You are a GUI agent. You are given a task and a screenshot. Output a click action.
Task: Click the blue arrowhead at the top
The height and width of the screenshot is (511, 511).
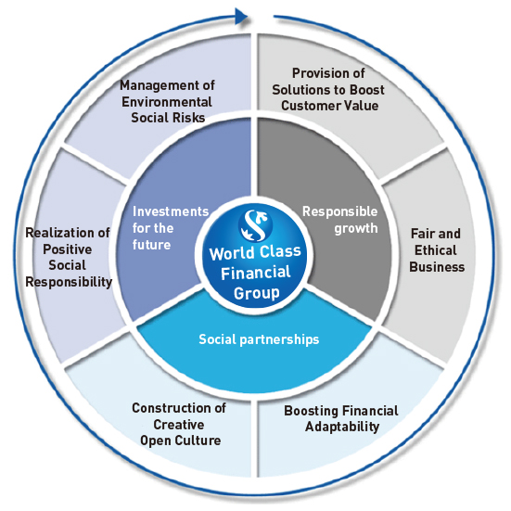point(242,17)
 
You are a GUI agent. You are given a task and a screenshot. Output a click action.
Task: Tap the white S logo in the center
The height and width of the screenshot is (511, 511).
point(256,224)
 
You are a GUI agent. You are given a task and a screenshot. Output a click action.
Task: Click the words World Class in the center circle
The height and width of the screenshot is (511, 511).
point(255,252)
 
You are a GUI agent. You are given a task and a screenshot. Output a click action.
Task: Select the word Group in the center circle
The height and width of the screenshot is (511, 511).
point(257,293)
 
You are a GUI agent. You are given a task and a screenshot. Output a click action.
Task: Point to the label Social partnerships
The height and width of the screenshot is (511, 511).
point(259,339)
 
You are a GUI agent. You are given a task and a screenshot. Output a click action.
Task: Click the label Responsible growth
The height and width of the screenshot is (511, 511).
point(340,220)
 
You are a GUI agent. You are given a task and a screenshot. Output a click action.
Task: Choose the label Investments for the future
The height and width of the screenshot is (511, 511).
point(171,228)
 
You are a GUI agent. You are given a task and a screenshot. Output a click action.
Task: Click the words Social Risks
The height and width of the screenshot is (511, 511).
point(168,118)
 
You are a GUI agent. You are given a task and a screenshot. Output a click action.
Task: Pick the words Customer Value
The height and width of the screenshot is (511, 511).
point(330,106)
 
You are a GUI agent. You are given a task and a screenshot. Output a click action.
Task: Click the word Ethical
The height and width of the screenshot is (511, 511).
point(435,250)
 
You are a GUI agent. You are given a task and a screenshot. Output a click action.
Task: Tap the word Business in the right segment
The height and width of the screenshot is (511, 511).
point(437,267)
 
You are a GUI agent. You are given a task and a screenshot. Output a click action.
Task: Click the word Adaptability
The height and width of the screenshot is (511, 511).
point(342,427)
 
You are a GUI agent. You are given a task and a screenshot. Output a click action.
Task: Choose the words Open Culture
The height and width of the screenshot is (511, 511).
point(181,441)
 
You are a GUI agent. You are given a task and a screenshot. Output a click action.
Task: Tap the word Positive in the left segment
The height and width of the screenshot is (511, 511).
point(68,249)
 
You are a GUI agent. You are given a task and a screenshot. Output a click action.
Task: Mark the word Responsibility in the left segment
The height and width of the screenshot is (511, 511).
point(69,282)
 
